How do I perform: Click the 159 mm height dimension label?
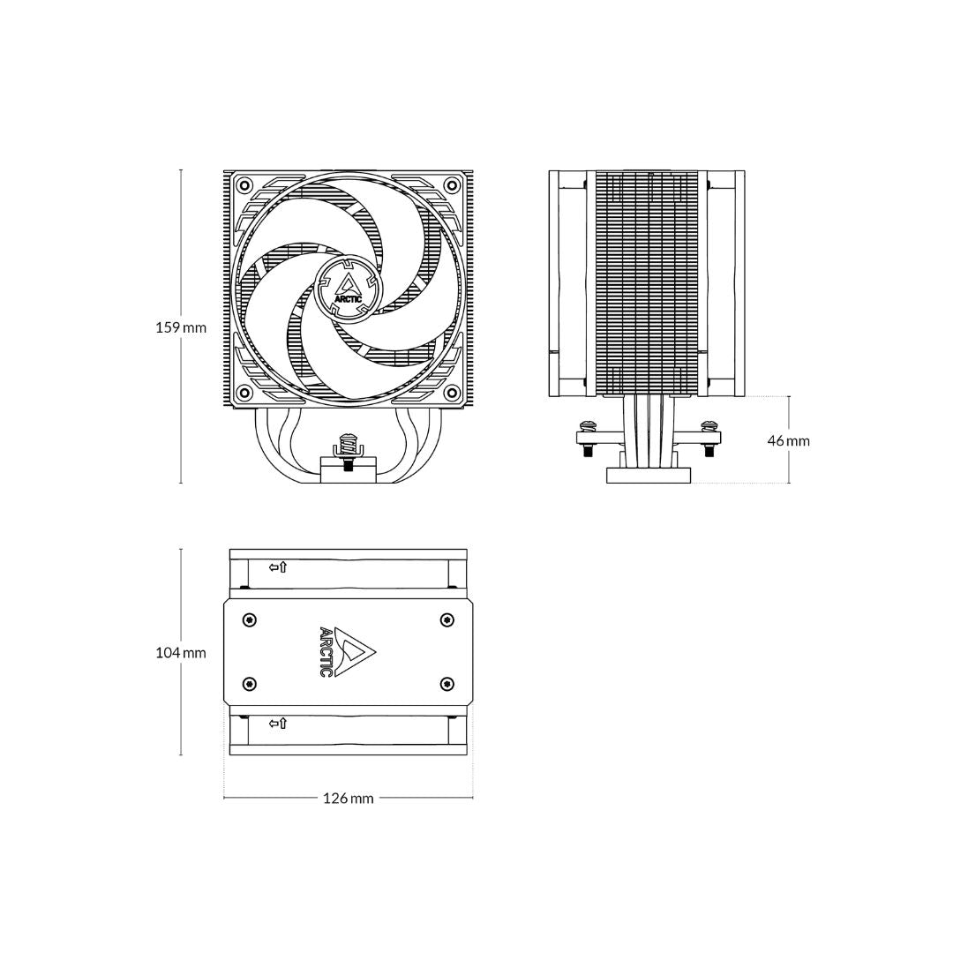181,327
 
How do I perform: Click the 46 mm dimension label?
788,440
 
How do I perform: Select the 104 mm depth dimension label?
181,653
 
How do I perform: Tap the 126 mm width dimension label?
348,799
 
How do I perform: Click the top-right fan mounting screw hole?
452,184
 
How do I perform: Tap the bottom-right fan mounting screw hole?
452,392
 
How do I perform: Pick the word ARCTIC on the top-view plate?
326,652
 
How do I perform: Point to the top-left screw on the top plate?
250,620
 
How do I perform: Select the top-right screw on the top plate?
446,620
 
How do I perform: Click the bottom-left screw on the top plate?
250,684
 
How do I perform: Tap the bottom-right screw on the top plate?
446,684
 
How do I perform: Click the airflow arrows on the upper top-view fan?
278,567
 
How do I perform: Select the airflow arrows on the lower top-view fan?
278,724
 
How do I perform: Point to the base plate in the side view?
648,476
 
